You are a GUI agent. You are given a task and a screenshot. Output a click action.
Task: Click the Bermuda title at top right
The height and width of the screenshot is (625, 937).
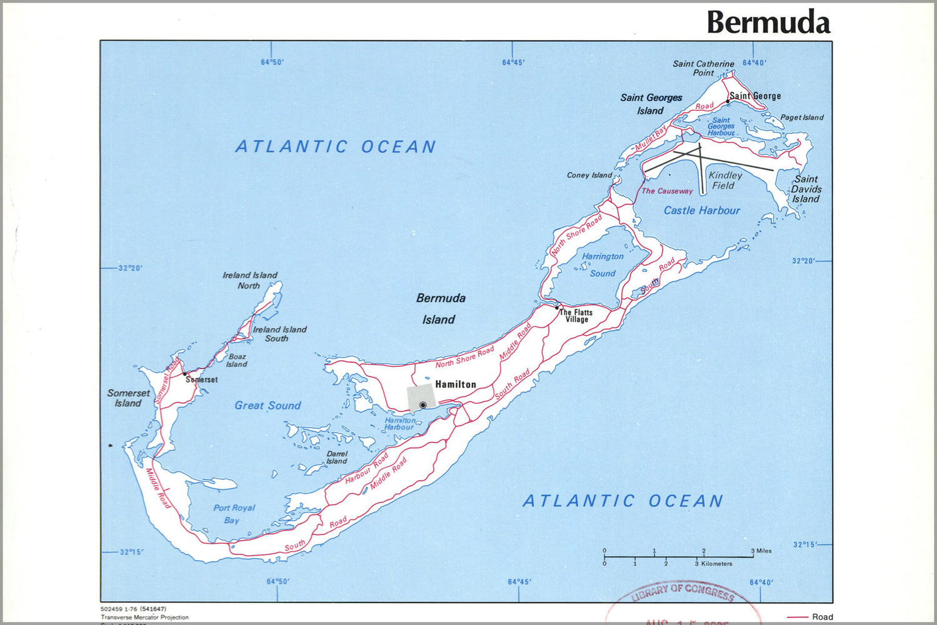point(768,22)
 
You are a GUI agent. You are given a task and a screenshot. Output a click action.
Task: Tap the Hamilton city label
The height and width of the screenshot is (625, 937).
point(456,384)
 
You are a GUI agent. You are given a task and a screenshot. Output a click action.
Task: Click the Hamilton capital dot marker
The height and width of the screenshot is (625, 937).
point(423,405)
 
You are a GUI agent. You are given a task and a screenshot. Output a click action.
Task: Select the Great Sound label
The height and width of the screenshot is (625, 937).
point(268,406)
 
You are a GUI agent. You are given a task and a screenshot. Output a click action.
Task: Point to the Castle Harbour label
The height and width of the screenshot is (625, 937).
point(701,211)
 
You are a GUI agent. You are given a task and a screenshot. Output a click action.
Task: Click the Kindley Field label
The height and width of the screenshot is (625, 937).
point(724,181)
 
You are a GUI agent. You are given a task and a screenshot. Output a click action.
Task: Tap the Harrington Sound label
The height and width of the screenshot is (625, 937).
point(603,265)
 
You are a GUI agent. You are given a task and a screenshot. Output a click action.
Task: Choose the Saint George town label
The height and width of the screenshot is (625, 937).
point(756,96)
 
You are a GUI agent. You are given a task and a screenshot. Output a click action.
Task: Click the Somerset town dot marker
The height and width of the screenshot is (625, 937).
point(184,374)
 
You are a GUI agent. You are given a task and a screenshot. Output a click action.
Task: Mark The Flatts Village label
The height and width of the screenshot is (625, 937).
point(576,316)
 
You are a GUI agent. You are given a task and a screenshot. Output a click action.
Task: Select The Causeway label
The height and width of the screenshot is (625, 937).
point(667,191)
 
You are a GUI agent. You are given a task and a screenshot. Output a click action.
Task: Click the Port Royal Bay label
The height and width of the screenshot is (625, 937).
point(234,514)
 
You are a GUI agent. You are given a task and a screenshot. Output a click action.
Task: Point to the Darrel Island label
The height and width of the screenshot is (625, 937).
point(336,457)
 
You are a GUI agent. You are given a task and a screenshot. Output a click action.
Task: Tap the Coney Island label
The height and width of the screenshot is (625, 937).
point(589,175)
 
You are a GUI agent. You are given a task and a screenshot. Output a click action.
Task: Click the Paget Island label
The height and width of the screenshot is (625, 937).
point(801,117)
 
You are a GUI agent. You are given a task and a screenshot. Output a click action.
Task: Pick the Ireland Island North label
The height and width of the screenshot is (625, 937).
point(249,280)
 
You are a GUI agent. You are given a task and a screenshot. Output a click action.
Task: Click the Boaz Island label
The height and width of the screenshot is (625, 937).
point(237,361)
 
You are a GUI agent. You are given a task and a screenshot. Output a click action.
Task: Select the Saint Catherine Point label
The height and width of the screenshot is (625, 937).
point(703,68)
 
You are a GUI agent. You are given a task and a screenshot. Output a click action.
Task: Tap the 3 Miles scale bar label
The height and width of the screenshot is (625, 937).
point(763,551)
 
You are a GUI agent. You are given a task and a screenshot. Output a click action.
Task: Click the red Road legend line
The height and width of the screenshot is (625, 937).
point(798,617)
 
